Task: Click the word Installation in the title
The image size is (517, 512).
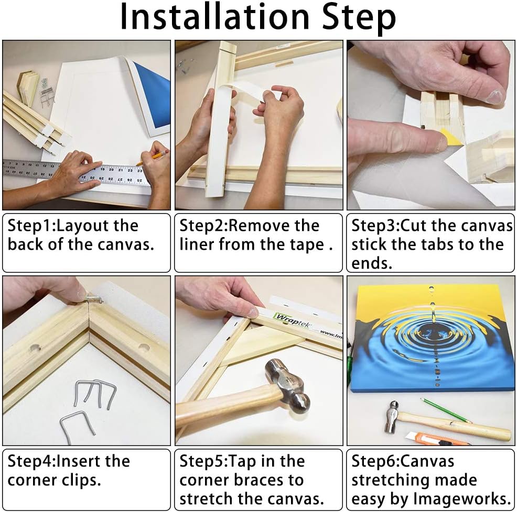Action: pyautogui.click(x=214, y=16)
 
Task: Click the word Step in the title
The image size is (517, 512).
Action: pyautogui.click(x=359, y=18)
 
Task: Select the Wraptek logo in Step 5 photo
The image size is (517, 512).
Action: pyautogui.click(x=293, y=320)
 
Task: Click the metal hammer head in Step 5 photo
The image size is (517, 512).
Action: pyautogui.click(x=287, y=385)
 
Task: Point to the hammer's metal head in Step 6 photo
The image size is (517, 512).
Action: pyautogui.click(x=392, y=417)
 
